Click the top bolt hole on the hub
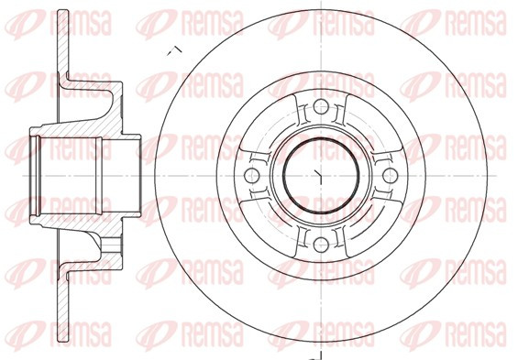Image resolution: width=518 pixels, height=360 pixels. click(x=321, y=106)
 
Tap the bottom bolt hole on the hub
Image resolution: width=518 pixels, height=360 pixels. click(x=321, y=245)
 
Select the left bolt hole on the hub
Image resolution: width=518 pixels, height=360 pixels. click(x=251, y=175)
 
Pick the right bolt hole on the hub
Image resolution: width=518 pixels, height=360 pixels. click(x=391, y=175)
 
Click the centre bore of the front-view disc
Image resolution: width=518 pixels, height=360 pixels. click(x=321, y=175)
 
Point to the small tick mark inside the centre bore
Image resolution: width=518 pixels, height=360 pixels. click(x=318, y=177)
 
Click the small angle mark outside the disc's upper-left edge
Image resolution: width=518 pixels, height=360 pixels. click(x=174, y=51)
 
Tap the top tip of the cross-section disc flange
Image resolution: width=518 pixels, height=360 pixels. click(x=63, y=10)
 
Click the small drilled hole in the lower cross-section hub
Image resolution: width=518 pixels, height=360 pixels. click(x=111, y=245)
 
